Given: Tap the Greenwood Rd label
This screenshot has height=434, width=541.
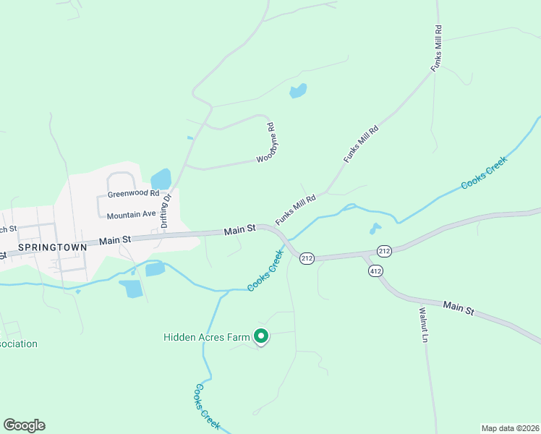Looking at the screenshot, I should (133, 194).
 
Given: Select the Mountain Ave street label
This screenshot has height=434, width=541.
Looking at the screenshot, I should (131, 216).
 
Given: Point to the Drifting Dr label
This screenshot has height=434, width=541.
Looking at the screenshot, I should (166, 210).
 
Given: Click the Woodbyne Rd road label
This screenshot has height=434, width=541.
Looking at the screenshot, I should (268, 144).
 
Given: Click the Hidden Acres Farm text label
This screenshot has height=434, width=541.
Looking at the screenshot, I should (206, 336).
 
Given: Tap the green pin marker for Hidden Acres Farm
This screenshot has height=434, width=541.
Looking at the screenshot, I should (261, 336).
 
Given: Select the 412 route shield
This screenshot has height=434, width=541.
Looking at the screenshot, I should (375, 271).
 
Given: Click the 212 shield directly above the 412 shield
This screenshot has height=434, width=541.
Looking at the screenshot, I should (383, 251).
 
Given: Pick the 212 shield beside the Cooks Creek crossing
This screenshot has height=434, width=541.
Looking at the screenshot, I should (307, 258).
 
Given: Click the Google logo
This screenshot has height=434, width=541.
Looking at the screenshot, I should (24, 425).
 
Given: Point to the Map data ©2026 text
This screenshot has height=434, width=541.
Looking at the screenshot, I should (509, 427).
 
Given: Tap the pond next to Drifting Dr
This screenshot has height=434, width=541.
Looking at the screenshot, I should (161, 178).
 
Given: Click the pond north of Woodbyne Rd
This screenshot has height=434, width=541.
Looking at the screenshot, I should (298, 90).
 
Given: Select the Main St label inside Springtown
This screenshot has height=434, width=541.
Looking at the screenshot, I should (116, 239).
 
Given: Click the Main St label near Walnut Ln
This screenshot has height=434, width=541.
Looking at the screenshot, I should (459, 309).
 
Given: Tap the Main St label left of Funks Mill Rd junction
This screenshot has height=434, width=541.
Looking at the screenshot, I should (240, 229).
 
